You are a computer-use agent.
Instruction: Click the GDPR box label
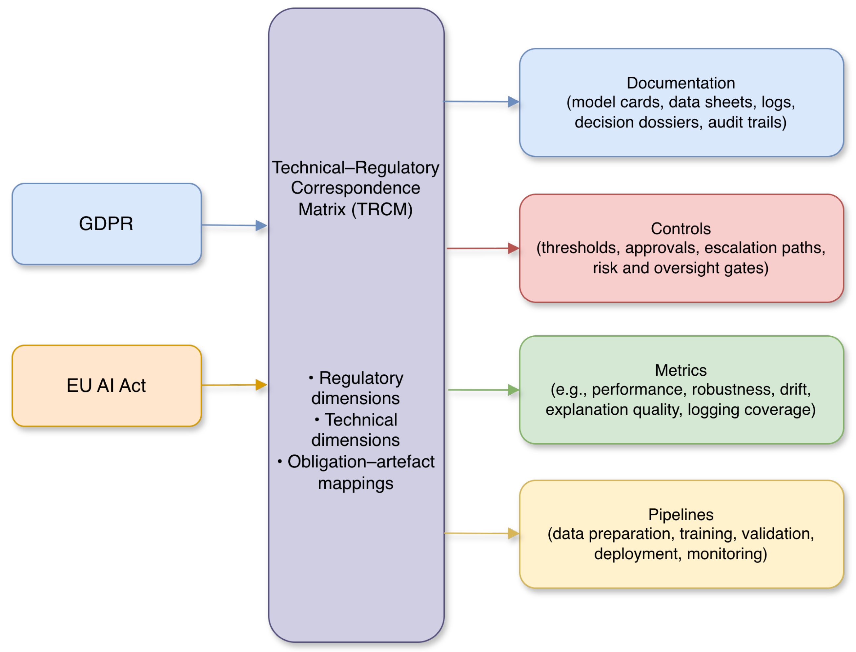point(106,224)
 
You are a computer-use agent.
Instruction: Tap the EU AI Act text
point(106,386)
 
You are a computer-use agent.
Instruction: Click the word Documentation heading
point(681,83)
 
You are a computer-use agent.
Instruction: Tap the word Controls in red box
point(681,228)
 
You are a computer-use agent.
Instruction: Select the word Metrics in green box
point(681,370)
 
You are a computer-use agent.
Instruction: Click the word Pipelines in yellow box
point(681,515)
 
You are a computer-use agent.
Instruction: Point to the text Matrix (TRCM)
point(355,209)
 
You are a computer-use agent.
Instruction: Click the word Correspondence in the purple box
point(355,188)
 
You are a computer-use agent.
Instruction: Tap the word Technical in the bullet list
point(361,420)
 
